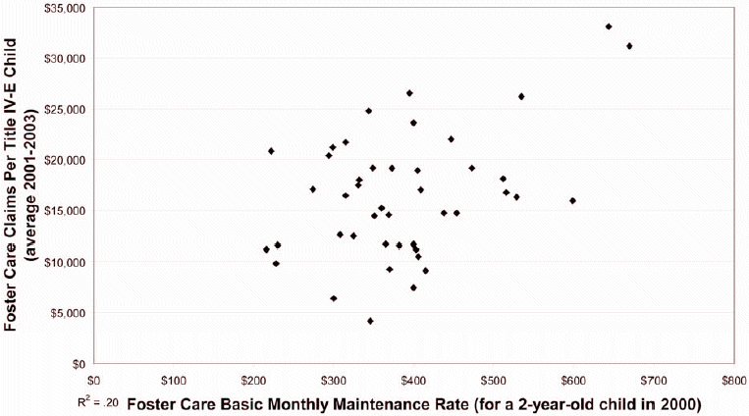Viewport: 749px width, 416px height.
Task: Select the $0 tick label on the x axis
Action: pyautogui.click(x=94, y=379)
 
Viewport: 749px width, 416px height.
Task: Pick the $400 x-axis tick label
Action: pyautogui.click(x=413, y=379)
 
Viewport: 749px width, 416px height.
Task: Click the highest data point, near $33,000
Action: pyautogui.click(x=609, y=26)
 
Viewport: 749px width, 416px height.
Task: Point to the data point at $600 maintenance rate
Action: pyautogui.click(x=572, y=200)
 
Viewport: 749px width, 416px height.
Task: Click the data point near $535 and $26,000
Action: pyautogui.click(x=521, y=96)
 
